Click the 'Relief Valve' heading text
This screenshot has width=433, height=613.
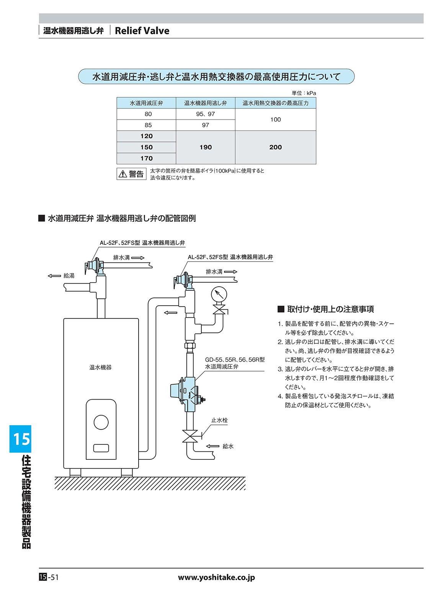142,31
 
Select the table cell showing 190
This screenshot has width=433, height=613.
206,147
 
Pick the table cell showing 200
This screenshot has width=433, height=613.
275,147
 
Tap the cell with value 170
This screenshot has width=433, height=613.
146,158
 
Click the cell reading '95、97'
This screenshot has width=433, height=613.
206,114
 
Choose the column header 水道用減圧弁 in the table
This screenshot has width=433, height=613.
146,103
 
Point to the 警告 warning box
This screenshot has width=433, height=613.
132,174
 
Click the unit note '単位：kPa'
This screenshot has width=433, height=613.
304,93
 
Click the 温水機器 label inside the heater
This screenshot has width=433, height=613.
100,367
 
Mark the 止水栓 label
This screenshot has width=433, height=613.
219,420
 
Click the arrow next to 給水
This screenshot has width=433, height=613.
212,446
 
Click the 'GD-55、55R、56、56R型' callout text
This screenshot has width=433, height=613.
235,360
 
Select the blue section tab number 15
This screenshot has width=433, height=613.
21,439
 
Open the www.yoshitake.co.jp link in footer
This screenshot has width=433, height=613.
216,577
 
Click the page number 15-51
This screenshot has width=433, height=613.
49,577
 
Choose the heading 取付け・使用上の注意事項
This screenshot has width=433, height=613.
330,309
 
